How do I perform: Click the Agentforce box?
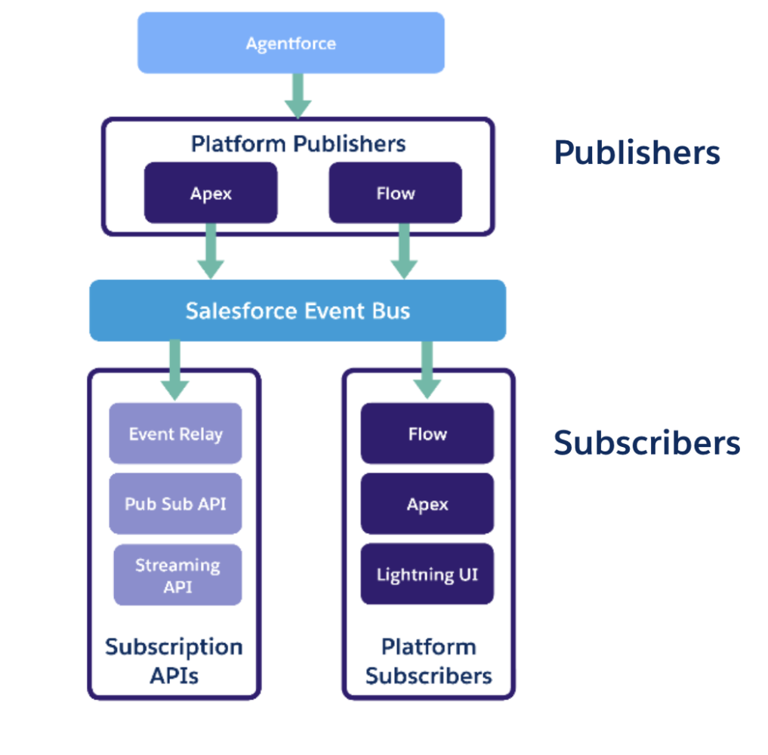[291, 43]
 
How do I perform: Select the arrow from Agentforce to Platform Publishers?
[298, 95]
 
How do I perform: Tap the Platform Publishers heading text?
[298, 143]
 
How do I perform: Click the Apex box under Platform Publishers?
[211, 193]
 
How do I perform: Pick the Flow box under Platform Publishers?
[395, 193]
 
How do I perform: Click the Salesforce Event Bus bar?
[298, 310]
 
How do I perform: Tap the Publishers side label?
[637, 153]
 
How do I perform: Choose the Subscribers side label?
[647, 442]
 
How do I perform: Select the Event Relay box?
[175, 433]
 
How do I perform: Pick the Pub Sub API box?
[175, 504]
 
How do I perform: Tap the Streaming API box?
[177, 575]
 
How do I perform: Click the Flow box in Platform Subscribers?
[427, 433]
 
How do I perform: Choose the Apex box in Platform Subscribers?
[427, 504]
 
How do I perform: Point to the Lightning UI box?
[427, 575]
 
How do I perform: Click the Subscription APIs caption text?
[174, 661]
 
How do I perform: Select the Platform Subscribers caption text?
[428, 661]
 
